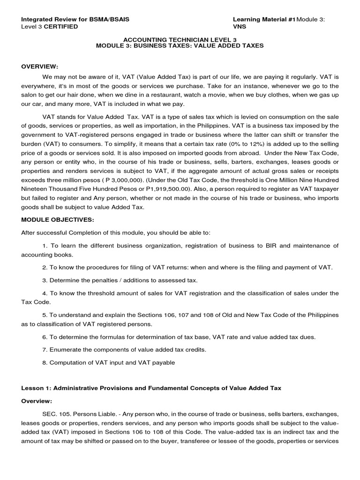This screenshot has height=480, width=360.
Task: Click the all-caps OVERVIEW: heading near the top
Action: [x=40, y=66]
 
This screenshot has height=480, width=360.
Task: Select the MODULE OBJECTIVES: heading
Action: [x=58, y=219]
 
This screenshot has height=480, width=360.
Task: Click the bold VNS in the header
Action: [x=240, y=27]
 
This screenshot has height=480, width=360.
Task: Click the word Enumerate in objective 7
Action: [x=64, y=350]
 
